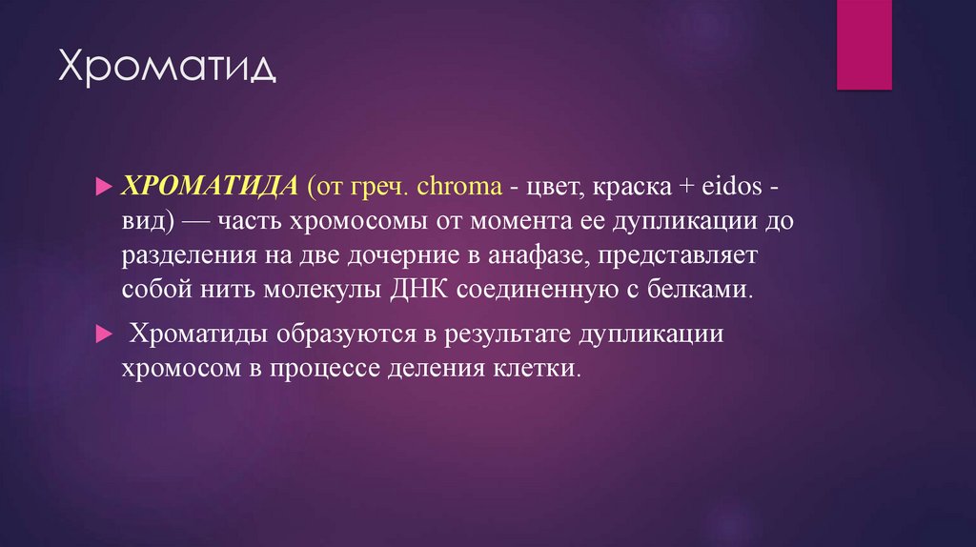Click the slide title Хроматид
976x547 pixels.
coord(168,69)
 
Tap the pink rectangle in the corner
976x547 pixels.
coord(864,44)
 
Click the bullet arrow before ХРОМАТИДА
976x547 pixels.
coord(105,188)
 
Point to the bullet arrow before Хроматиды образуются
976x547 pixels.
coord(105,334)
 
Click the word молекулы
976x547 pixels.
coord(328,289)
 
